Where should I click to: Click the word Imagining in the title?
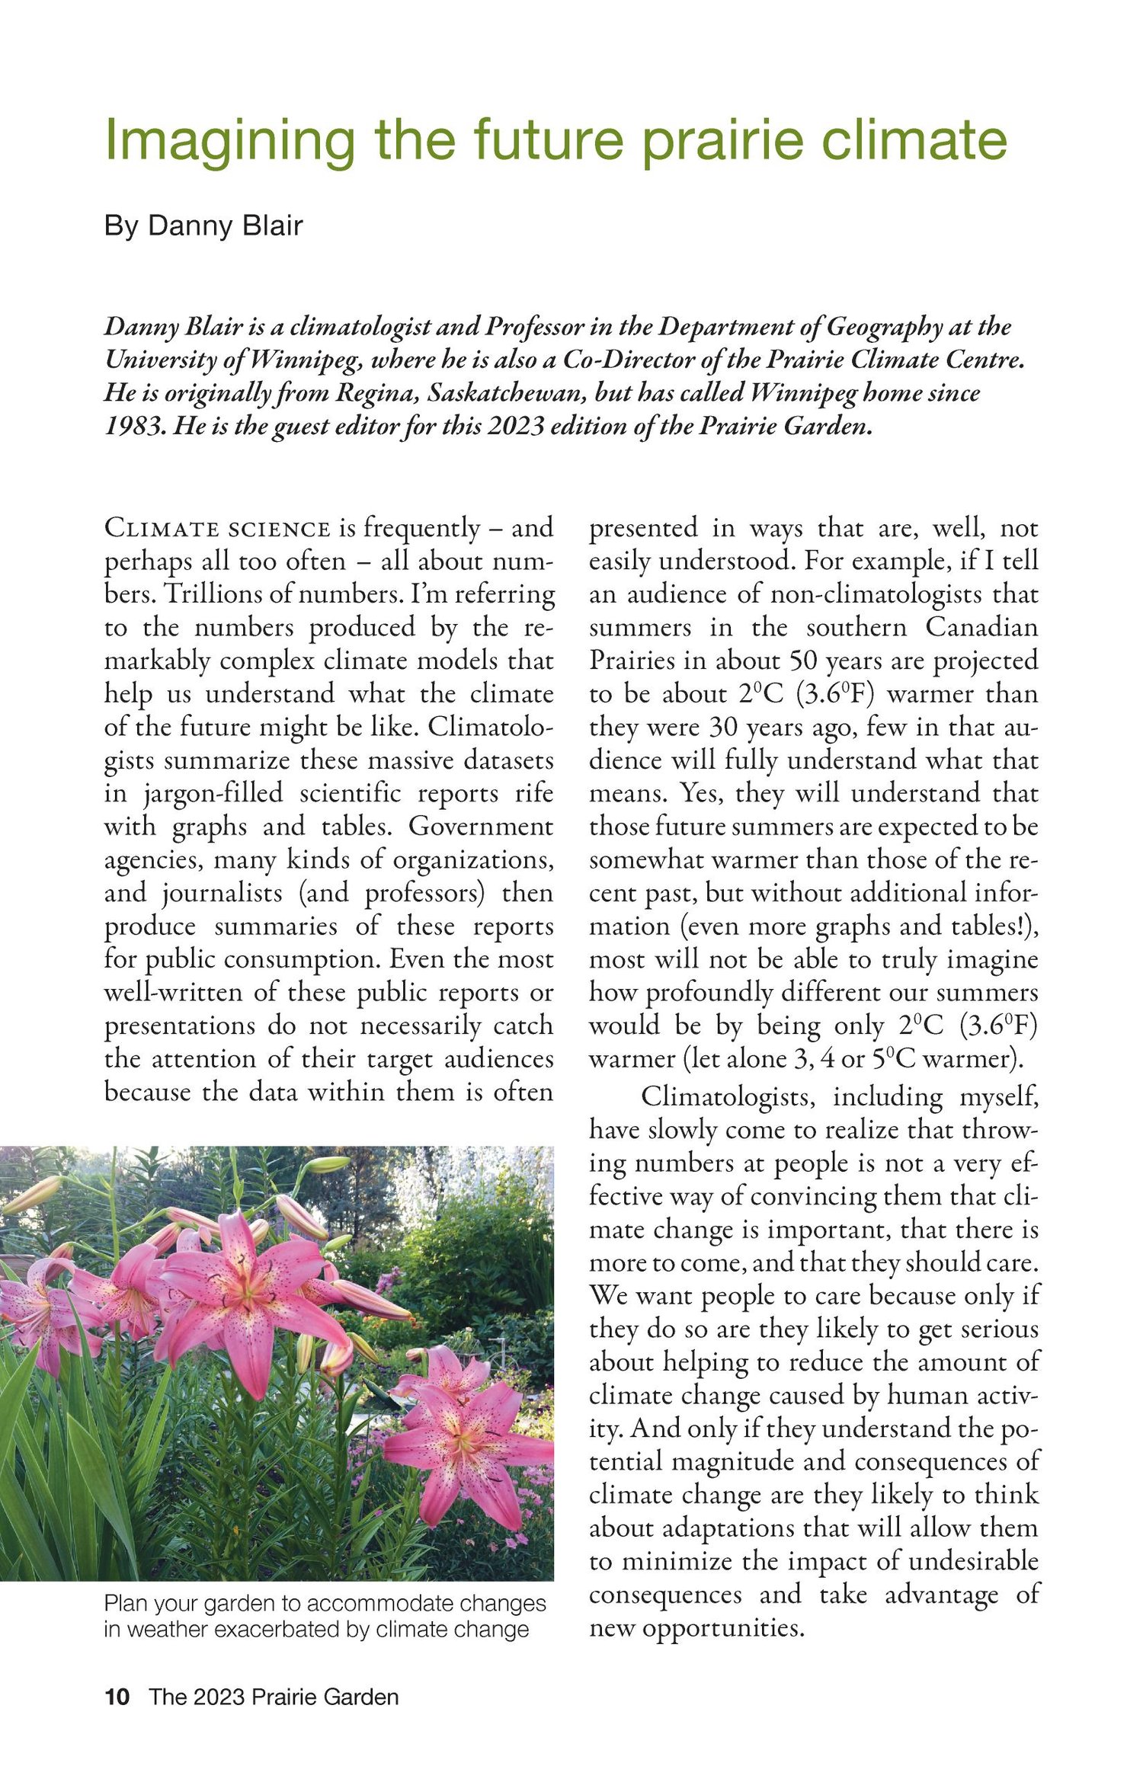pyautogui.click(x=229, y=140)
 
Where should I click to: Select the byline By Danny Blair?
pyautogui.click(x=203, y=226)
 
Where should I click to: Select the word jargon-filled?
pyautogui.click(x=213, y=794)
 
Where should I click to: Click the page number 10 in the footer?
pyautogui.click(x=117, y=1697)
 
